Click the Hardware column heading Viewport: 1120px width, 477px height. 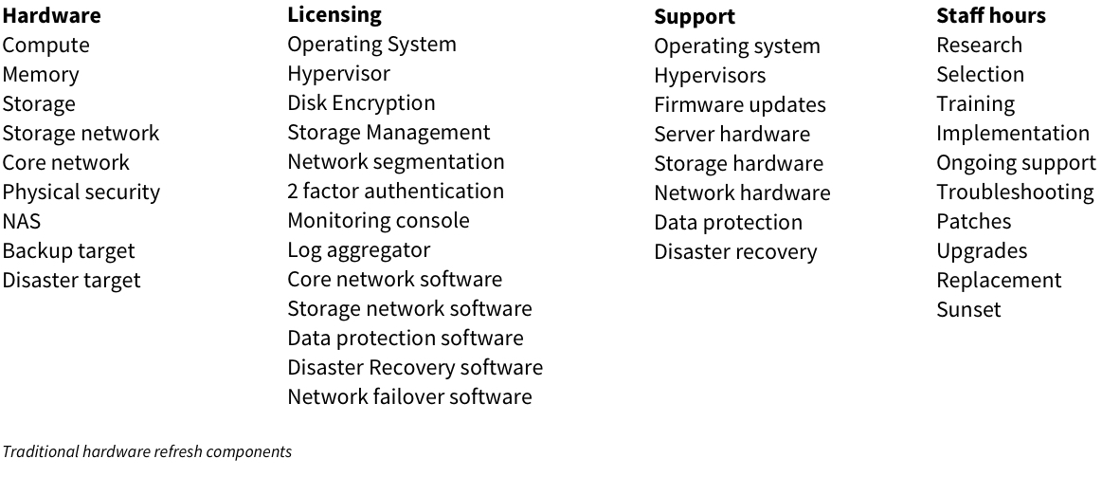51,16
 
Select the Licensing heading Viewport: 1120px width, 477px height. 334,15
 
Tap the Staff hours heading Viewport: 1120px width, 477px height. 990,16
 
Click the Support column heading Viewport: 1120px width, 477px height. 694,17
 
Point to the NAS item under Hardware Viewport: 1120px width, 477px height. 21,222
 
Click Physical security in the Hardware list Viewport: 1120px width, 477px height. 81,193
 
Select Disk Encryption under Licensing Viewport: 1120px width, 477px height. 361,103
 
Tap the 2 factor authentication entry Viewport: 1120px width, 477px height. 395,192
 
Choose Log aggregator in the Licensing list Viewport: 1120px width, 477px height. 358,250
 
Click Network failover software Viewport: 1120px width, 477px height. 409,397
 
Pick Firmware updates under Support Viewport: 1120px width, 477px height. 739,105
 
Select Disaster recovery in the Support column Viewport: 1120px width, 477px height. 734,252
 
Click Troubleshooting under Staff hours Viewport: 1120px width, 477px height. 1014,193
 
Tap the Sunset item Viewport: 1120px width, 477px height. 967,310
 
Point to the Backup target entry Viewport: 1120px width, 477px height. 68,251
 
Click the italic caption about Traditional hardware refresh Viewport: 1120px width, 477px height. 146,452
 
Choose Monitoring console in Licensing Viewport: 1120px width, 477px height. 378,221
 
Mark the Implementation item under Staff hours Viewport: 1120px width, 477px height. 1012,134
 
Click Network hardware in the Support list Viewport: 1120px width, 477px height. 741,193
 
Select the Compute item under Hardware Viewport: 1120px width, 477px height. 45,46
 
